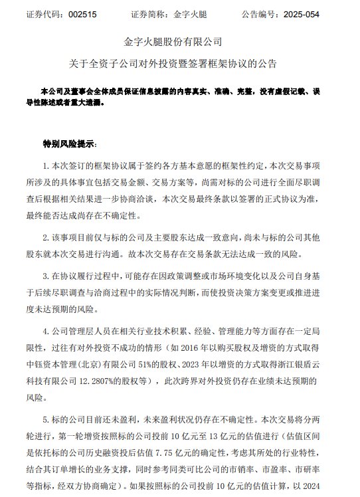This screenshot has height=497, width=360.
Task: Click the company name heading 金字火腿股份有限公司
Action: [x=179, y=45]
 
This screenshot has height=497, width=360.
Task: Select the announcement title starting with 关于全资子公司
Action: [x=179, y=64]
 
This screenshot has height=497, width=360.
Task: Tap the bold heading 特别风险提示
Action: [x=70, y=144]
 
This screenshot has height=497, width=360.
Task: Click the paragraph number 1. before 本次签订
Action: [x=46, y=164]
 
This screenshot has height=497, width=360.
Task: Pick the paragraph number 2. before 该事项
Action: [x=46, y=236]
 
